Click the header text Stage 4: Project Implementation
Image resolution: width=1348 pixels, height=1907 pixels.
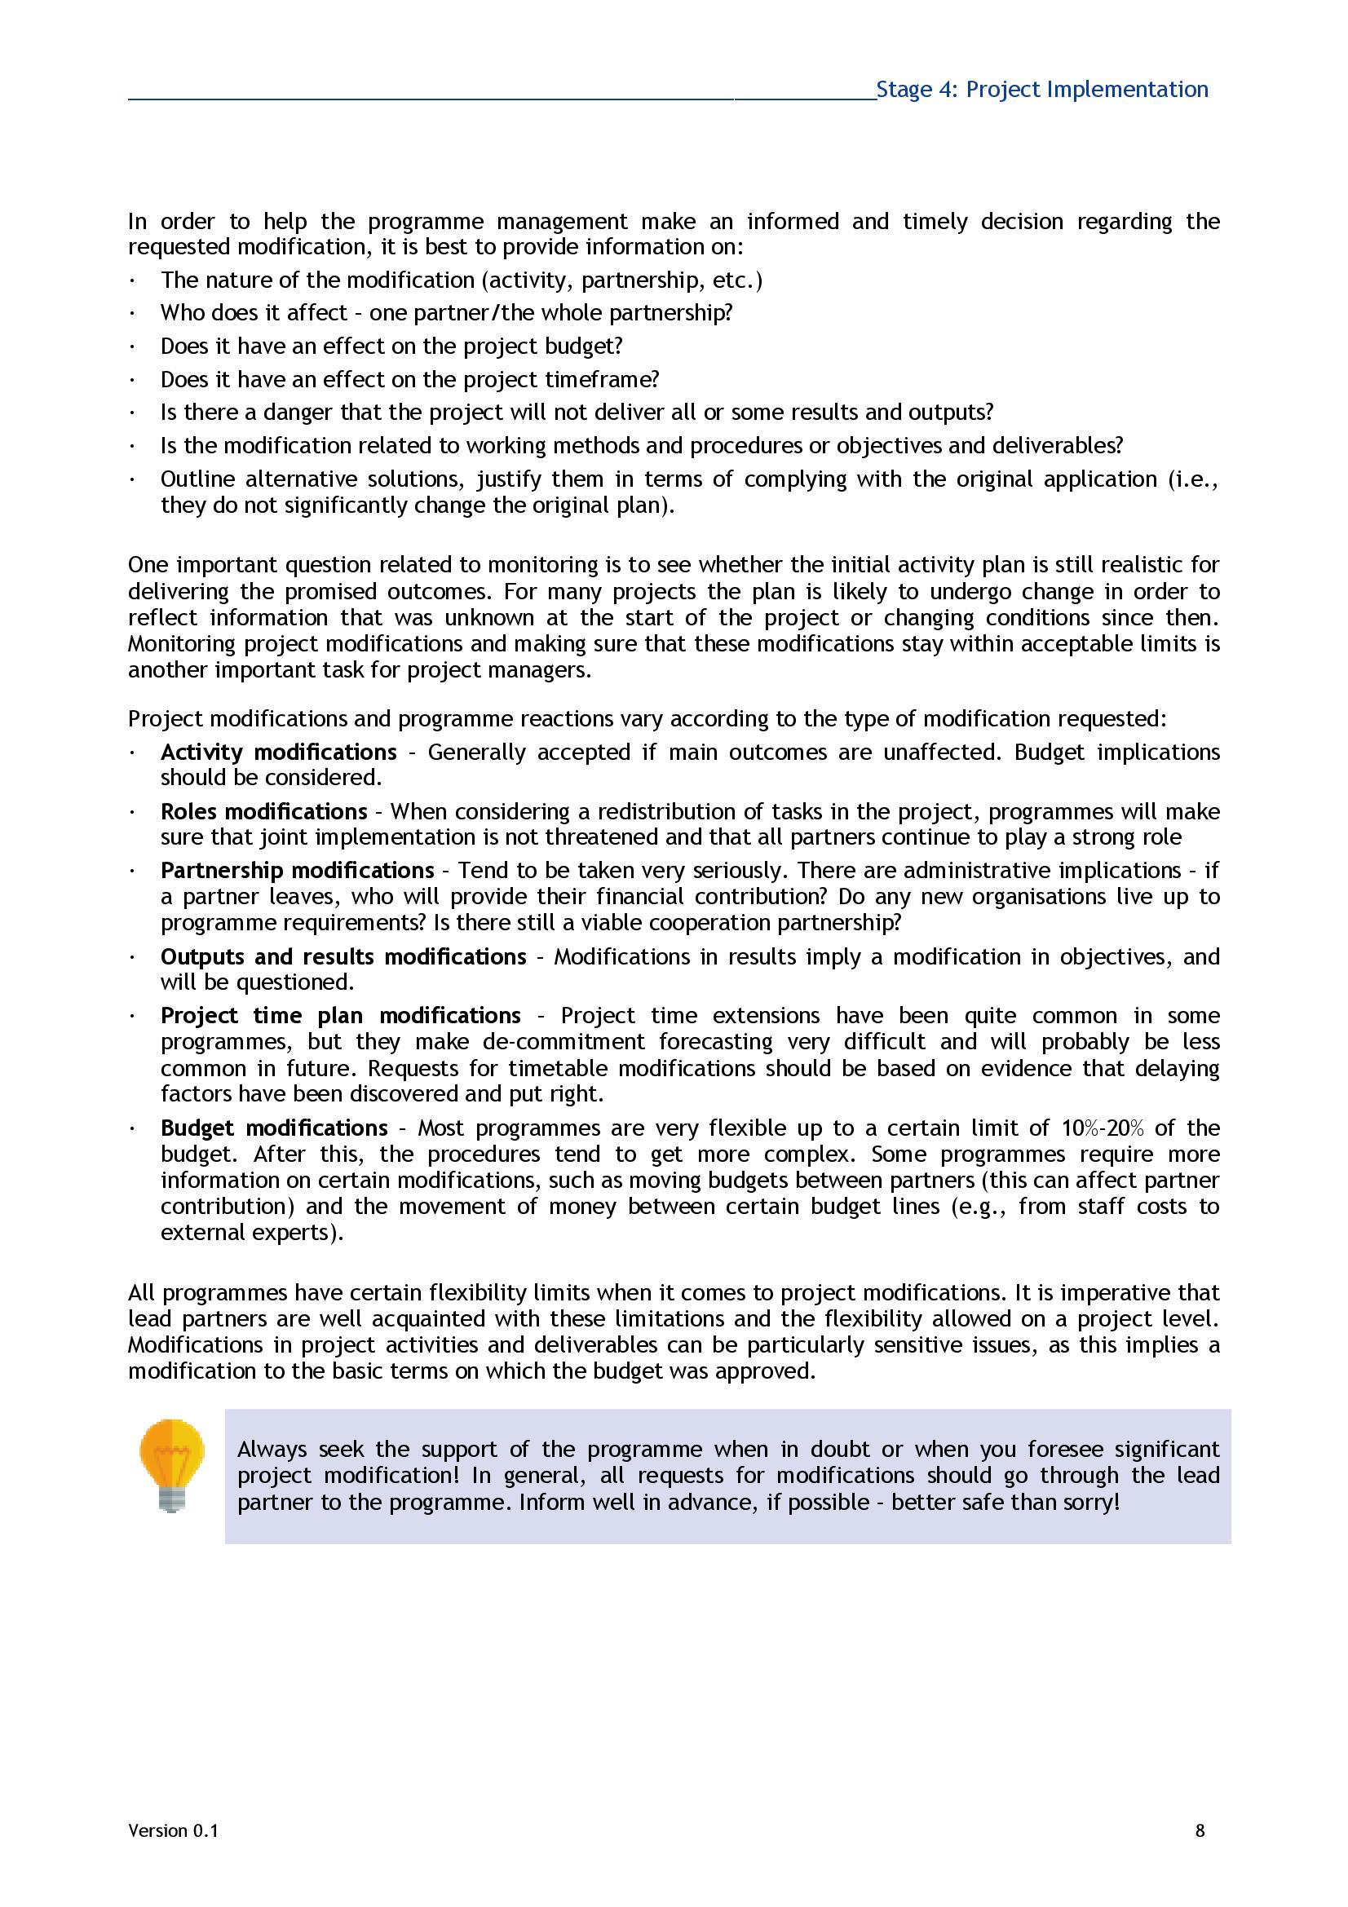click(1041, 90)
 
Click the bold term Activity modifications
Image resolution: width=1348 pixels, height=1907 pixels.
click(278, 752)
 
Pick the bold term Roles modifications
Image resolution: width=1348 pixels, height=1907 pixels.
click(263, 810)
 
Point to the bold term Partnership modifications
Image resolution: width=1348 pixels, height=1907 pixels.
click(297, 870)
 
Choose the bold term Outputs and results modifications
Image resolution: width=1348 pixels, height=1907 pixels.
click(343, 956)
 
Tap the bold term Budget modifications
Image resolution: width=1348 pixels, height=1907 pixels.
click(274, 1127)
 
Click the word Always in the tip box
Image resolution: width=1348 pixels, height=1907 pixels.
click(272, 1450)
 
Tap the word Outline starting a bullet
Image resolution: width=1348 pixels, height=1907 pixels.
click(197, 479)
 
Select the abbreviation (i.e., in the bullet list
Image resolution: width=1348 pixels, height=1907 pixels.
click(1194, 479)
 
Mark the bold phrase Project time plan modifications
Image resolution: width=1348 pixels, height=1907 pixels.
click(341, 1015)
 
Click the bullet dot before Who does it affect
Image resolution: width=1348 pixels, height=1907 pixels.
click(133, 314)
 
